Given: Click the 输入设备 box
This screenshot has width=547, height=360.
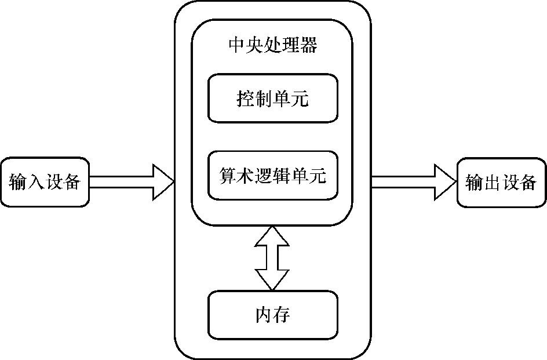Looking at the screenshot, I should [45, 182].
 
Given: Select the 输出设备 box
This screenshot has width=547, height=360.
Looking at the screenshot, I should [501, 182].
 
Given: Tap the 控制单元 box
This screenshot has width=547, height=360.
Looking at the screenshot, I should [272, 98].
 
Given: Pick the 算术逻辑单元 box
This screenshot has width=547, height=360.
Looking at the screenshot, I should [272, 175].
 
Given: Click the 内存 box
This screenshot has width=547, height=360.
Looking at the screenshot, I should [272, 315].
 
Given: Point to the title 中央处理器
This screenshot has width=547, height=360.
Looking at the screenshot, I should [273, 45].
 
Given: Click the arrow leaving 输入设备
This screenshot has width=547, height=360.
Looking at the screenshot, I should [130, 182].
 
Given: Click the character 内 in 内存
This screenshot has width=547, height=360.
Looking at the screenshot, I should [264, 315].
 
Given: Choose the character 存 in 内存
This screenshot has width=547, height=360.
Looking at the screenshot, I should [282, 315].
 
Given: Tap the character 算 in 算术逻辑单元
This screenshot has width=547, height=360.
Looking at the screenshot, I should [228, 175].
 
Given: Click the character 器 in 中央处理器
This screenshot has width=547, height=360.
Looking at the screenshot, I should [309, 45].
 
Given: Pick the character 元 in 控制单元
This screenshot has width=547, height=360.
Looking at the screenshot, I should [300, 98].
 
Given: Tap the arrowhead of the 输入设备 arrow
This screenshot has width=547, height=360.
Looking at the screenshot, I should [163, 182].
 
